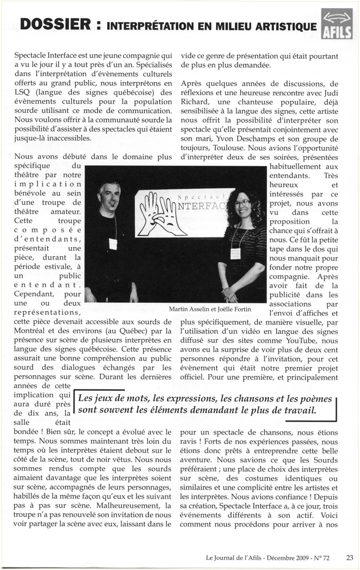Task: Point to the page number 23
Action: tap(349, 557)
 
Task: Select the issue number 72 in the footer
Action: tap(333, 557)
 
